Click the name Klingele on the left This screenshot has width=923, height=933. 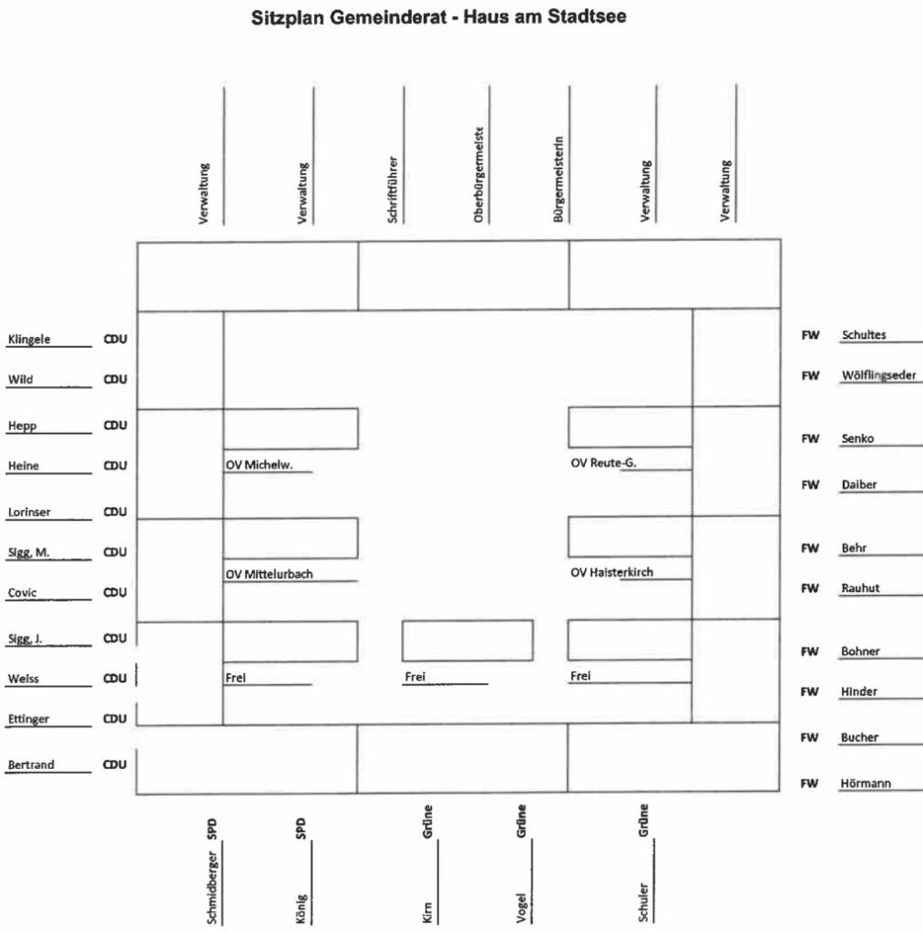click(x=29, y=340)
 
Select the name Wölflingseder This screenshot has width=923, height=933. click(x=878, y=374)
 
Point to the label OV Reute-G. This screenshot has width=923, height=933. click(x=603, y=463)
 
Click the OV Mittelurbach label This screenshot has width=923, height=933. click(x=269, y=574)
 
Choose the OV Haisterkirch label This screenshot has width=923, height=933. click(x=611, y=572)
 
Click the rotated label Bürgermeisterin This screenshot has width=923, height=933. click(x=558, y=180)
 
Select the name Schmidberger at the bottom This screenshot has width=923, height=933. click(x=211, y=887)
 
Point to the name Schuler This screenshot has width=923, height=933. click(x=643, y=901)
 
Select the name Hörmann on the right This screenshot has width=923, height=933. click(x=867, y=784)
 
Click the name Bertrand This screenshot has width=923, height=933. click(x=31, y=764)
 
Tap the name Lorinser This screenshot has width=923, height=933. click(x=29, y=512)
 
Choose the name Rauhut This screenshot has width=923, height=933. click(x=859, y=589)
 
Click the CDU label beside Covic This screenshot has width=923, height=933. click(x=115, y=592)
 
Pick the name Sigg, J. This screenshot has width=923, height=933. click(x=25, y=639)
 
